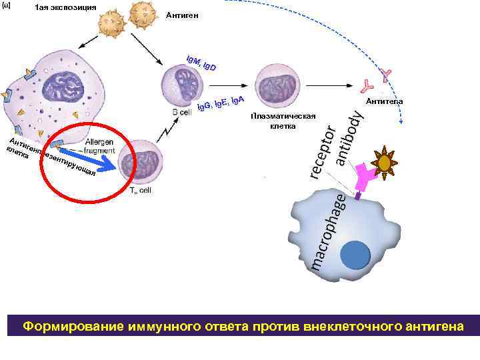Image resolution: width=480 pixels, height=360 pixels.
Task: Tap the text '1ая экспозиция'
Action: point(65,7)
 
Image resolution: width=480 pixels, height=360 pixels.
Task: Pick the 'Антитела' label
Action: point(383,101)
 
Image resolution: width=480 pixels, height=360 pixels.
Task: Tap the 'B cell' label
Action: point(181,113)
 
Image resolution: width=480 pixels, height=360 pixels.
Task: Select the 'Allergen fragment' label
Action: point(99,147)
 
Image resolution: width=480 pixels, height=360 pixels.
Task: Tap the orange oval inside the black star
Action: point(385,163)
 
